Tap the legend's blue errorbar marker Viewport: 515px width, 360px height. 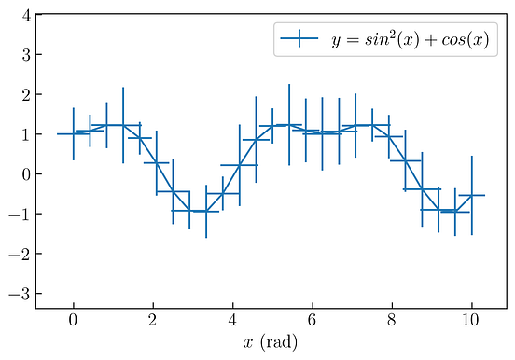(299, 40)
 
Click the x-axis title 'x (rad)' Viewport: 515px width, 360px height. (271, 343)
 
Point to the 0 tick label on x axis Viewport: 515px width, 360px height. (73, 322)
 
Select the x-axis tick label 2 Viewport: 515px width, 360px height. (153, 322)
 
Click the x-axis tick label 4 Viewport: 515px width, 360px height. (232, 322)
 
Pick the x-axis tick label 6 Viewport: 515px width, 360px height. (313, 322)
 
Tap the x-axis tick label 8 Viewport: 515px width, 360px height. (392, 322)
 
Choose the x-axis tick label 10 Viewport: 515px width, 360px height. (472, 322)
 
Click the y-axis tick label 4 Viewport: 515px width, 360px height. (27, 16)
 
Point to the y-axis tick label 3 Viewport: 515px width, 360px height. (27, 55)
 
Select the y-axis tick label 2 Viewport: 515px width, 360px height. (27, 95)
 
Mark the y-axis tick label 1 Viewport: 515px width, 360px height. (27, 134)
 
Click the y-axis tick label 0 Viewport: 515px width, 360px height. (27, 174)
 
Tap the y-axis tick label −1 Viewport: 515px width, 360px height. (22, 214)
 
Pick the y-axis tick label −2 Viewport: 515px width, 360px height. (22, 254)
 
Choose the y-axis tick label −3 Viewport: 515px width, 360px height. (22, 293)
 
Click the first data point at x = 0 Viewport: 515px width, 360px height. (73, 134)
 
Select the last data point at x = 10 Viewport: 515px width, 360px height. (472, 195)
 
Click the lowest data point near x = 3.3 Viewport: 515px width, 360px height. (206, 212)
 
